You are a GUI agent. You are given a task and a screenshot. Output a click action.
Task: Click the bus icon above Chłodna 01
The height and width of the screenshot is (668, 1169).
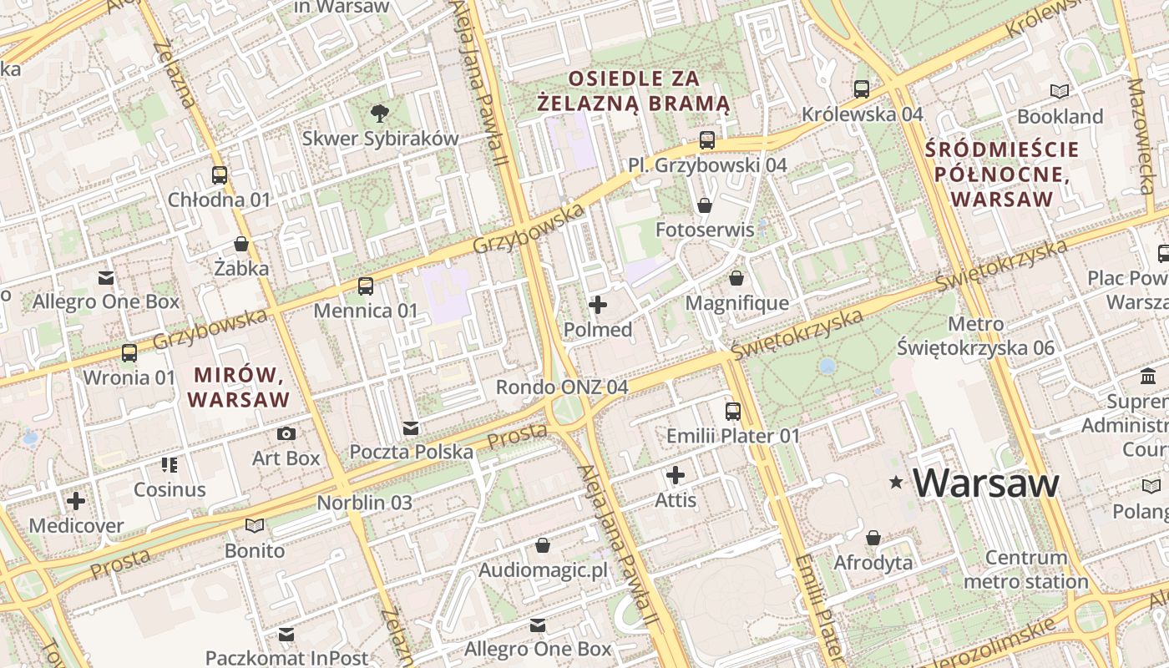(220, 175)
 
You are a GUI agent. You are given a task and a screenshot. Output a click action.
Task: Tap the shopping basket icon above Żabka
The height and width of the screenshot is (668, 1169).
(241, 244)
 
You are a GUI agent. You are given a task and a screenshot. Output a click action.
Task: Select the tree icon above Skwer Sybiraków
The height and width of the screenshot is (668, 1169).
(380, 112)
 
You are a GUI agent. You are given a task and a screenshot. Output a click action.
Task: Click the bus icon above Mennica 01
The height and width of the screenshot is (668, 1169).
(365, 286)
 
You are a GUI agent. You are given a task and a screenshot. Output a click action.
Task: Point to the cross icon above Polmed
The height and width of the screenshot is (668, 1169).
(598, 305)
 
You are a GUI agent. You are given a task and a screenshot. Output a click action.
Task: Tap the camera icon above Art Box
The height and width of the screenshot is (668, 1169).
(286, 433)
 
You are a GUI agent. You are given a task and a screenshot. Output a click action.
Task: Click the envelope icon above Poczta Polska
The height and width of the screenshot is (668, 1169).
(411, 428)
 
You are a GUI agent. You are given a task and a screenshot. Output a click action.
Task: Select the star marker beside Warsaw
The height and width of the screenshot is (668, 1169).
(897, 482)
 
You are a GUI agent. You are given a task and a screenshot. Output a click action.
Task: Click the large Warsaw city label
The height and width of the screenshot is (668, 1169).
(986, 483)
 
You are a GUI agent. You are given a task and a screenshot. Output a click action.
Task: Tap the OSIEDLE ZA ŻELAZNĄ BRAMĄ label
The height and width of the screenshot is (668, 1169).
(633, 91)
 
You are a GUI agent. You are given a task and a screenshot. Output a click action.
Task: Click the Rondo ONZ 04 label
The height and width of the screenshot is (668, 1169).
(562, 387)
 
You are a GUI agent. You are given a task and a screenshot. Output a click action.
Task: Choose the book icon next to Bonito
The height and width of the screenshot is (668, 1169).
(255, 525)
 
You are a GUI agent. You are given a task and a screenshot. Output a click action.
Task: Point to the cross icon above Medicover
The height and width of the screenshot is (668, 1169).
(76, 501)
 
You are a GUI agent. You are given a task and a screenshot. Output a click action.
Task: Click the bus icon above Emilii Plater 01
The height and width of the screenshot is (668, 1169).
(732, 411)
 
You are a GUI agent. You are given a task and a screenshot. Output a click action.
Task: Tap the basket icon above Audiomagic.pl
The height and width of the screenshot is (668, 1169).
(543, 545)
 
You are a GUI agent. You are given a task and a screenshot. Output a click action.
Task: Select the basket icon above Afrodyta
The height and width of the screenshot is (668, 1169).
(873, 537)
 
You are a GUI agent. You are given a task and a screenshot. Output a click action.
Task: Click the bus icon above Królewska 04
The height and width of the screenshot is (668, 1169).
(862, 89)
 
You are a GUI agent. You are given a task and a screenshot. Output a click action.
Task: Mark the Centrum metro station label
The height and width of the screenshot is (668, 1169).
(1026, 569)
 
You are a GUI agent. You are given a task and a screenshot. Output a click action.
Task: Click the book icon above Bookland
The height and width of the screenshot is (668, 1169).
(1060, 91)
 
